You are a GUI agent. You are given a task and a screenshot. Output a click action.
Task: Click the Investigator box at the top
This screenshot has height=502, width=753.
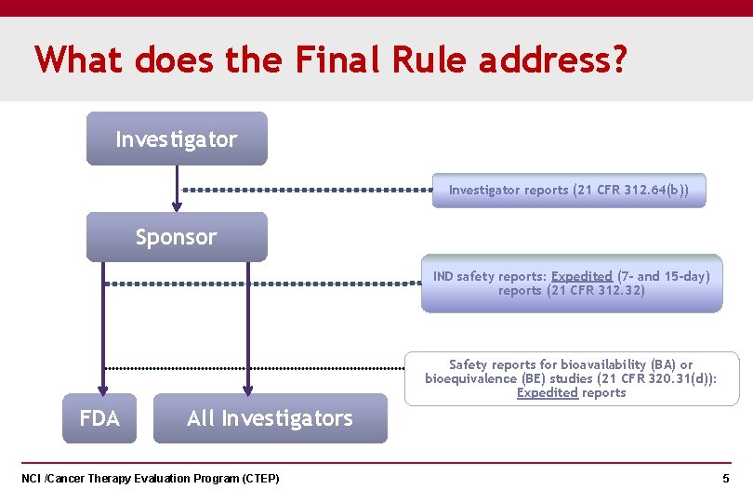pos(177,139)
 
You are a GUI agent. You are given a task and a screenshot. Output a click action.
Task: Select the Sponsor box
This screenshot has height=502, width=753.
pos(177,237)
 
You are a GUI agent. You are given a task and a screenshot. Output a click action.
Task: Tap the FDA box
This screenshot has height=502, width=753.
pos(99,418)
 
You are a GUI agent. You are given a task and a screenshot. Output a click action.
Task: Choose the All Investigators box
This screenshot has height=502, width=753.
pos(270,418)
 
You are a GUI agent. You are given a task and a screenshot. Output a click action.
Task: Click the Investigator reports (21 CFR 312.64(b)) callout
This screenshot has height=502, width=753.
pos(569,190)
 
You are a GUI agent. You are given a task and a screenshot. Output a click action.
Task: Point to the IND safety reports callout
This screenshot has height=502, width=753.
pos(572,284)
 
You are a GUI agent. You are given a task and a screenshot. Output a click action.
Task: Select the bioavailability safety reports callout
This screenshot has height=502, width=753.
pos(572,378)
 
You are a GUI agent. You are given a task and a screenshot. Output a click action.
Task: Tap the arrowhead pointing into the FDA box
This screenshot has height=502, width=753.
pos(103,390)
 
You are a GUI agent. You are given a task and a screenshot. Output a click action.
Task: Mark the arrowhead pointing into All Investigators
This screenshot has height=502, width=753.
pos(248,390)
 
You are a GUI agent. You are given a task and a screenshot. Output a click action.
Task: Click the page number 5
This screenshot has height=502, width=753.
pos(726,479)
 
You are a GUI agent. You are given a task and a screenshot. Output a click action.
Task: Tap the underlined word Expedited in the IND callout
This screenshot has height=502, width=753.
pos(581,276)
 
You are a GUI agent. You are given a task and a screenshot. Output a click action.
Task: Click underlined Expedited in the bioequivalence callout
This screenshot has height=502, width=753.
pos(548,392)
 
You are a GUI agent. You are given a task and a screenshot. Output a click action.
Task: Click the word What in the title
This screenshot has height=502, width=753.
pos(79,61)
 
